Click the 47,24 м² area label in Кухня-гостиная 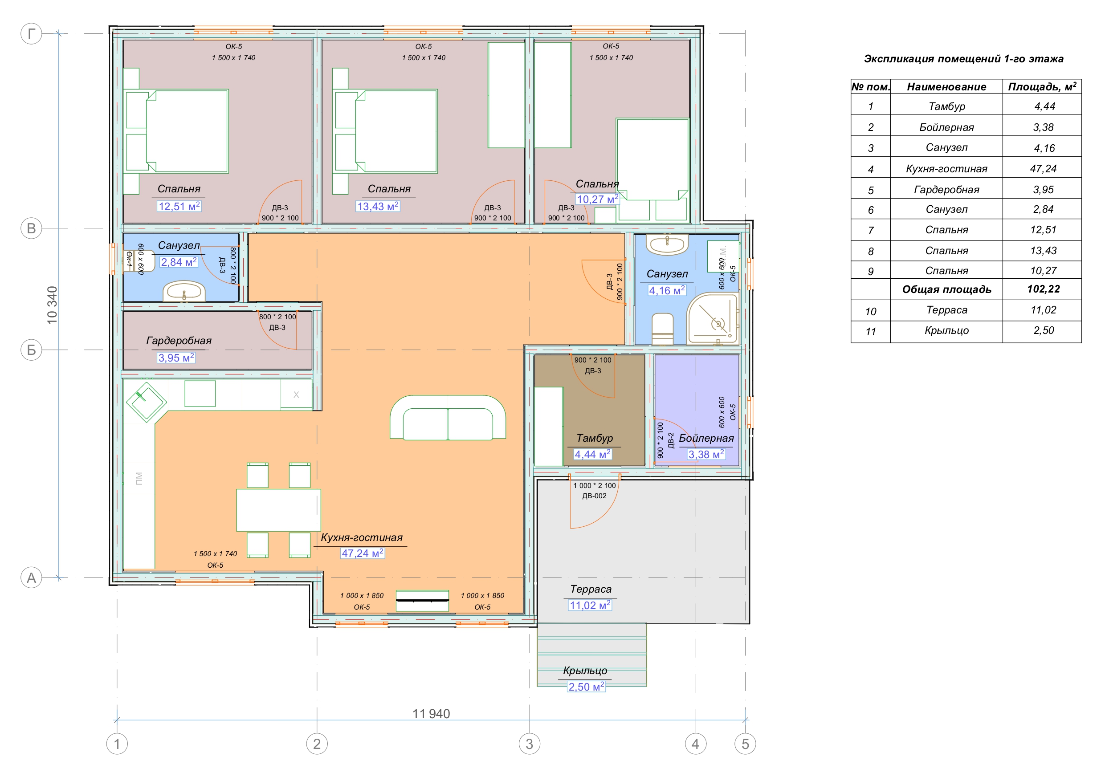[x=363, y=553]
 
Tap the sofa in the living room [x=448, y=417]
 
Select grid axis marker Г [x=31, y=34]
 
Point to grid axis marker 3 [x=530, y=744]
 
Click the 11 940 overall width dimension [x=431, y=714]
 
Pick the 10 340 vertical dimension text [x=52, y=305]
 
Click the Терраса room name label [x=591, y=589]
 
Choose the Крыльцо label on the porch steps [x=585, y=670]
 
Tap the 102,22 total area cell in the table [x=1043, y=289]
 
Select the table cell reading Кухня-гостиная [x=946, y=168]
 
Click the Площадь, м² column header [x=1042, y=87]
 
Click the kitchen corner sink [x=146, y=402]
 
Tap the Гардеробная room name [x=179, y=341]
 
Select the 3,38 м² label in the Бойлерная [x=706, y=454]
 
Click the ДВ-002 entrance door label [x=595, y=496]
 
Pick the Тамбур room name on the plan [x=595, y=438]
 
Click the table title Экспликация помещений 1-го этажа [x=963, y=59]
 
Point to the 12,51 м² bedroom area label [x=179, y=207]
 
